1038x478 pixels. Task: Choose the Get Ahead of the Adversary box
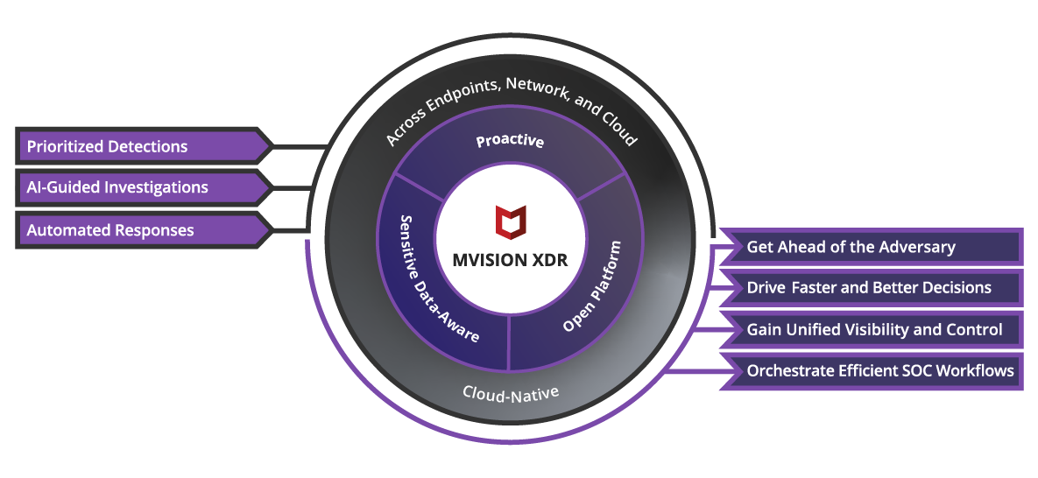pos(871,248)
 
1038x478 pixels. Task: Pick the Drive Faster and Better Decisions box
pos(871,288)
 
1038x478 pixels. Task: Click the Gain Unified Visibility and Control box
pos(871,330)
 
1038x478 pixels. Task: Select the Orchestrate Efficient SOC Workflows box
pos(871,370)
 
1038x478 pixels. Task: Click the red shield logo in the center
pos(511,221)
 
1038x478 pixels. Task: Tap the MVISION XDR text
pos(511,260)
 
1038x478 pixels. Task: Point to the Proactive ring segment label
pos(510,141)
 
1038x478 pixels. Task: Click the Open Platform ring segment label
pos(593,286)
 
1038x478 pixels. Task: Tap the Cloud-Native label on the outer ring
pos(511,392)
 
